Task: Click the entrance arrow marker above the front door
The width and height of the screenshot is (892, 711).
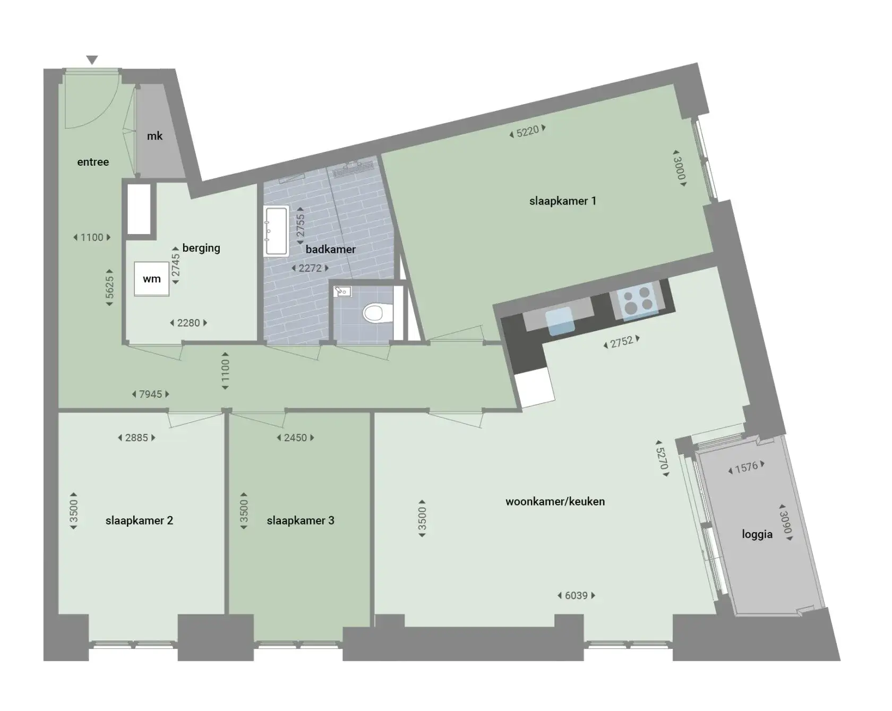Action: pyautogui.click(x=92, y=60)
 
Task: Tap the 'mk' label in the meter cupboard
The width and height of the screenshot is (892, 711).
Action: pyautogui.click(x=155, y=136)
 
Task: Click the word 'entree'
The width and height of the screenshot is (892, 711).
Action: pyautogui.click(x=93, y=162)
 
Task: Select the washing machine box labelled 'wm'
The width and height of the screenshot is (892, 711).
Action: pyautogui.click(x=152, y=279)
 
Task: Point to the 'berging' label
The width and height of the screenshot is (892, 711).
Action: pyautogui.click(x=201, y=248)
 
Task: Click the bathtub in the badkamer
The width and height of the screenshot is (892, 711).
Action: pyautogui.click(x=276, y=231)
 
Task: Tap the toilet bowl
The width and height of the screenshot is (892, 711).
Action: pyautogui.click(x=373, y=313)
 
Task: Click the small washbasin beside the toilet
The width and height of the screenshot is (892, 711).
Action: pyautogui.click(x=342, y=291)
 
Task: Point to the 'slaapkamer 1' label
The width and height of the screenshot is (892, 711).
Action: pyautogui.click(x=563, y=201)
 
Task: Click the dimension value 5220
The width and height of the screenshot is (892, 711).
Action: pyautogui.click(x=528, y=131)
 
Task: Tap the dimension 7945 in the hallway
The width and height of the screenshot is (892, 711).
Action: pyautogui.click(x=150, y=394)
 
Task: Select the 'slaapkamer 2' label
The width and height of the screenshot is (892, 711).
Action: pyautogui.click(x=139, y=520)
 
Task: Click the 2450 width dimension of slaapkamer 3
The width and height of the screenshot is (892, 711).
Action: pyautogui.click(x=296, y=438)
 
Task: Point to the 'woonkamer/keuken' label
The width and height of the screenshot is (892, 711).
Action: pyautogui.click(x=555, y=501)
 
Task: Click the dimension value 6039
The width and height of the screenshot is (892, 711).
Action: pyautogui.click(x=577, y=596)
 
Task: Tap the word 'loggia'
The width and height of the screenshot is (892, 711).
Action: pyautogui.click(x=757, y=534)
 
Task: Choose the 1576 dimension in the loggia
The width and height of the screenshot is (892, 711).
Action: pyautogui.click(x=747, y=467)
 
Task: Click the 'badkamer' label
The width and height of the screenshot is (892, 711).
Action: pyautogui.click(x=331, y=249)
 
